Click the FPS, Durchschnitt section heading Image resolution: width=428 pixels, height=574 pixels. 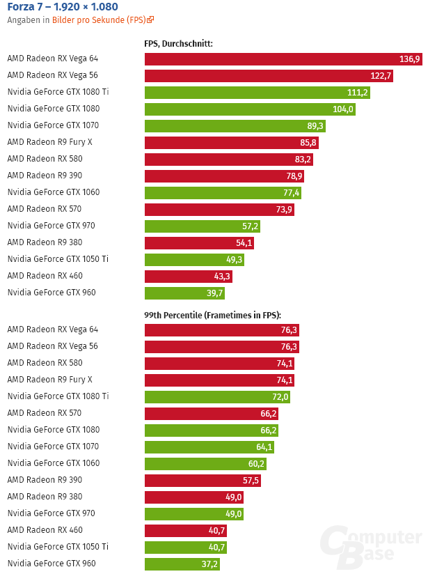click(178, 44)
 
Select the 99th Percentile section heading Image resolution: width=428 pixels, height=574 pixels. click(217, 315)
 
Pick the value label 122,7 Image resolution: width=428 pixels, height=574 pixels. click(381, 76)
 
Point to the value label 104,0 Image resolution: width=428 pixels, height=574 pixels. click(343, 109)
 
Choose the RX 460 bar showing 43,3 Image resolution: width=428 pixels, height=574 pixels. click(189, 276)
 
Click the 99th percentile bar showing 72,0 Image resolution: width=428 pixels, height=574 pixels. click(217, 396)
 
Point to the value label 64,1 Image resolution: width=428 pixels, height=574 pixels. click(264, 447)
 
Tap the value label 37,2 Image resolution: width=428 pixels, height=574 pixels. click(207, 564)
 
